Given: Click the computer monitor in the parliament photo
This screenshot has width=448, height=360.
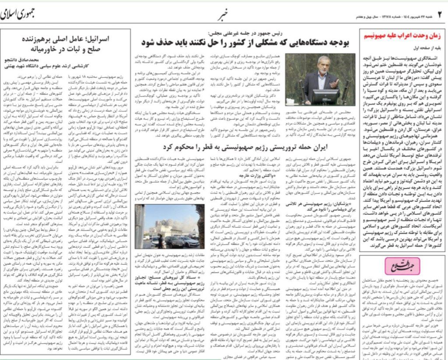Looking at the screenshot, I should point(325,97).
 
